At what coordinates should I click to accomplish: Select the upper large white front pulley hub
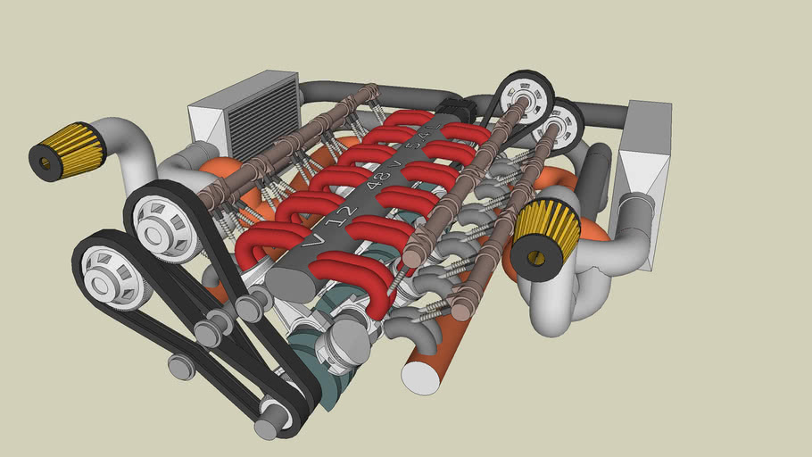tap(161, 223)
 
